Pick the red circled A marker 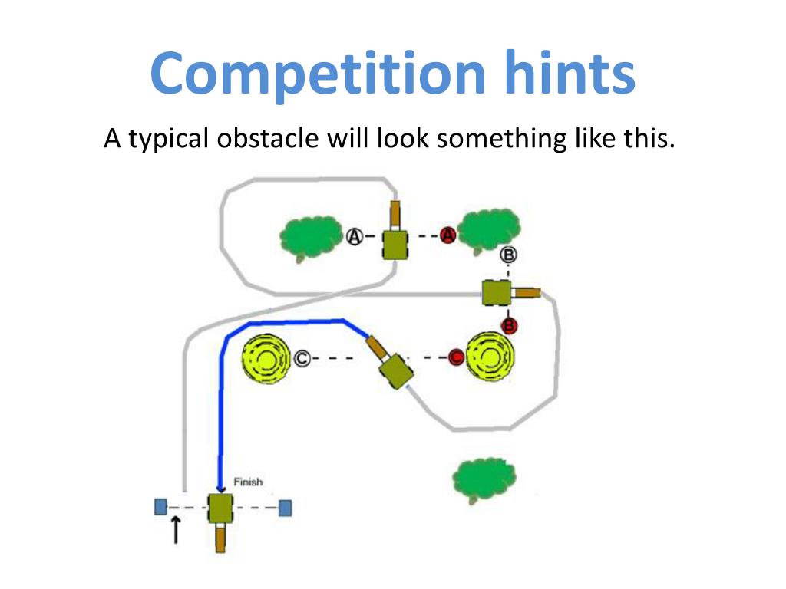[x=448, y=235]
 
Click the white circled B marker [x=508, y=255]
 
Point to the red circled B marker [x=510, y=326]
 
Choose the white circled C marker [x=303, y=357]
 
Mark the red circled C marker [x=455, y=357]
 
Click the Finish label [x=247, y=482]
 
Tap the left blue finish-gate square [x=160, y=506]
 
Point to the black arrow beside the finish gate [x=176, y=529]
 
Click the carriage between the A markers [x=395, y=244]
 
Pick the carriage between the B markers [x=497, y=292]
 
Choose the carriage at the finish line [x=220, y=508]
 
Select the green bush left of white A [x=309, y=238]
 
